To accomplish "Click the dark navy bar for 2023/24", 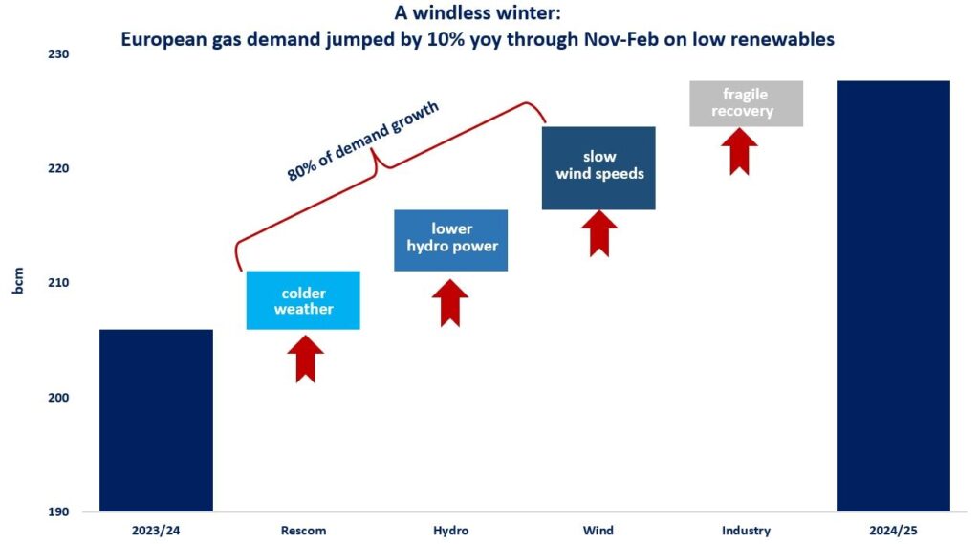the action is coord(156,421).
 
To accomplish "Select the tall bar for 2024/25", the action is coord(894,296).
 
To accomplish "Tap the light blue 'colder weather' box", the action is coord(303,300).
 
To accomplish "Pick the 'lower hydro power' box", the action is coord(451,241).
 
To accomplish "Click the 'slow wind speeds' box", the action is coord(598,168).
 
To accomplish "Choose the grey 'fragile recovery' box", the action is coord(746,103).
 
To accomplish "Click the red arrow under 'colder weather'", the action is coord(305,359).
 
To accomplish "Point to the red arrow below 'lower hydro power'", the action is coord(450,303).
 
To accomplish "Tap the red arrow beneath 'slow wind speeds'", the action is coord(599,233).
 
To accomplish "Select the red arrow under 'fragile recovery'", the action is coord(739,152).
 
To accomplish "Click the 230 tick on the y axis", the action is coord(58,54).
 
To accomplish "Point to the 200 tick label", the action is coord(58,397).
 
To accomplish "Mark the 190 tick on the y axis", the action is coord(58,512).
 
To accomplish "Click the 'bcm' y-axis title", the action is coord(18,280).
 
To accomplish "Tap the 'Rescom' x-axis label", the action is coord(303,531).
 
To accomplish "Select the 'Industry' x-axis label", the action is coord(746,531).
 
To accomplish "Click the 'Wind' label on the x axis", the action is coord(598,531).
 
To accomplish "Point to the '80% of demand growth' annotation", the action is coord(362,141).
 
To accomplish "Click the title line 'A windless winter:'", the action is coord(478,12).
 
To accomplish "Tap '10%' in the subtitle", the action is coord(445,39).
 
